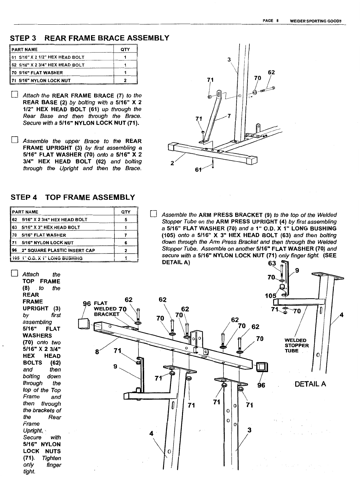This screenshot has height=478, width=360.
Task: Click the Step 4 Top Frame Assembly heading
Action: click(73, 198)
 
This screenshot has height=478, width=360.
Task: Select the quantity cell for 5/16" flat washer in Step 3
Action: click(125, 72)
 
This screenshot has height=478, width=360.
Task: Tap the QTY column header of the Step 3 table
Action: click(125, 50)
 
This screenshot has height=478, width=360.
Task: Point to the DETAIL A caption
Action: click(310, 384)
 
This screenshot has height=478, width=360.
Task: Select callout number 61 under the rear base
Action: click(198, 170)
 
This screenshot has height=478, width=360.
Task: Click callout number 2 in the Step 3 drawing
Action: click(172, 163)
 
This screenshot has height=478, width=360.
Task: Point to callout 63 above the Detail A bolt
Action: click(272, 263)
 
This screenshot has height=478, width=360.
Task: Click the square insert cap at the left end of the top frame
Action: click(84, 324)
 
